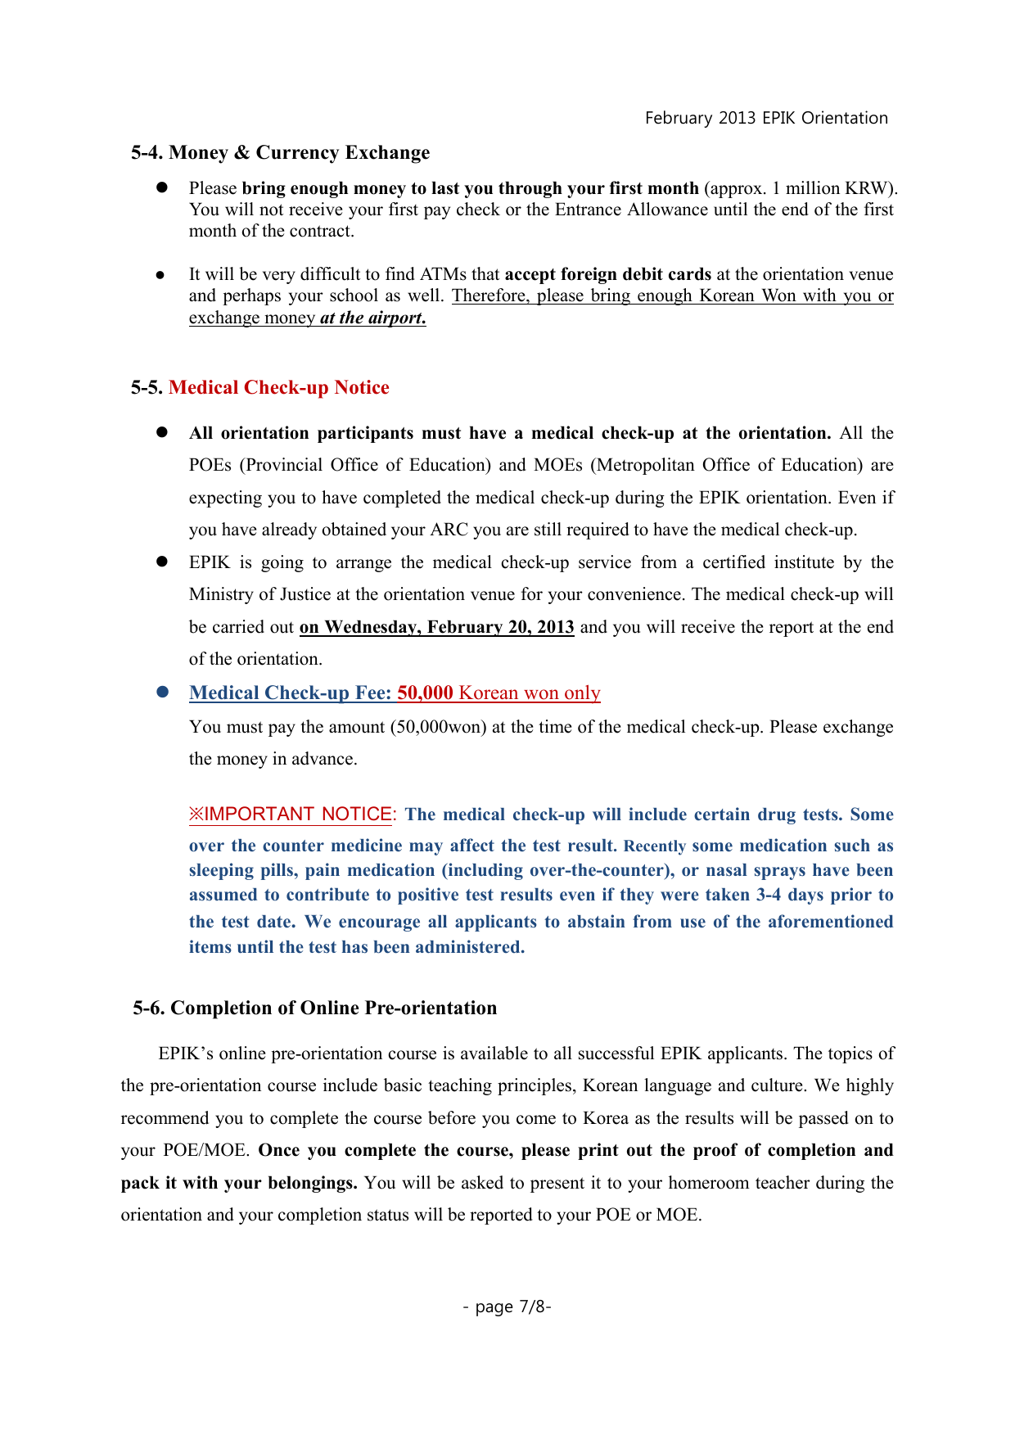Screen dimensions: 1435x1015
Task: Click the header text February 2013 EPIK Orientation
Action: pyautogui.click(x=766, y=118)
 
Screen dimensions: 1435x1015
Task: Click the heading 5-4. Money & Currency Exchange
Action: pyautogui.click(x=280, y=153)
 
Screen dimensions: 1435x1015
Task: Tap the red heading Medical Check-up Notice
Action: pyautogui.click(x=278, y=388)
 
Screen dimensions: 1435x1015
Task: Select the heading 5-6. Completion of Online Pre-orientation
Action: pyautogui.click(x=315, y=1009)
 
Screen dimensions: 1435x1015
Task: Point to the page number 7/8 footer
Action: pyautogui.click(x=507, y=1306)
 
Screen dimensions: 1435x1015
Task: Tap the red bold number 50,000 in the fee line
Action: pyautogui.click(x=425, y=693)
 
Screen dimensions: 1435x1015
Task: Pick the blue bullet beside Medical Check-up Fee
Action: pyautogui.click(x=162, y=693)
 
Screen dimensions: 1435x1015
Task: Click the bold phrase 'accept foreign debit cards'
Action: pyautogui.click(x=608, y=274)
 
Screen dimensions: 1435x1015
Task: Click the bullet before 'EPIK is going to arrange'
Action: pyautogui.click(x=162, y=562)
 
